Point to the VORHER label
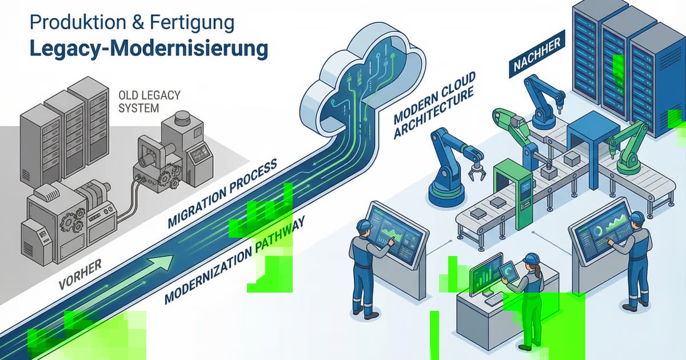point(80,274)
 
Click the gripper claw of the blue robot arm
point(475,171)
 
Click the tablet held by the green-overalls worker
point(509,271)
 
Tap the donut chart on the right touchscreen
point(597,231)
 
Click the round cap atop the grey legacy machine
point(184,118)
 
